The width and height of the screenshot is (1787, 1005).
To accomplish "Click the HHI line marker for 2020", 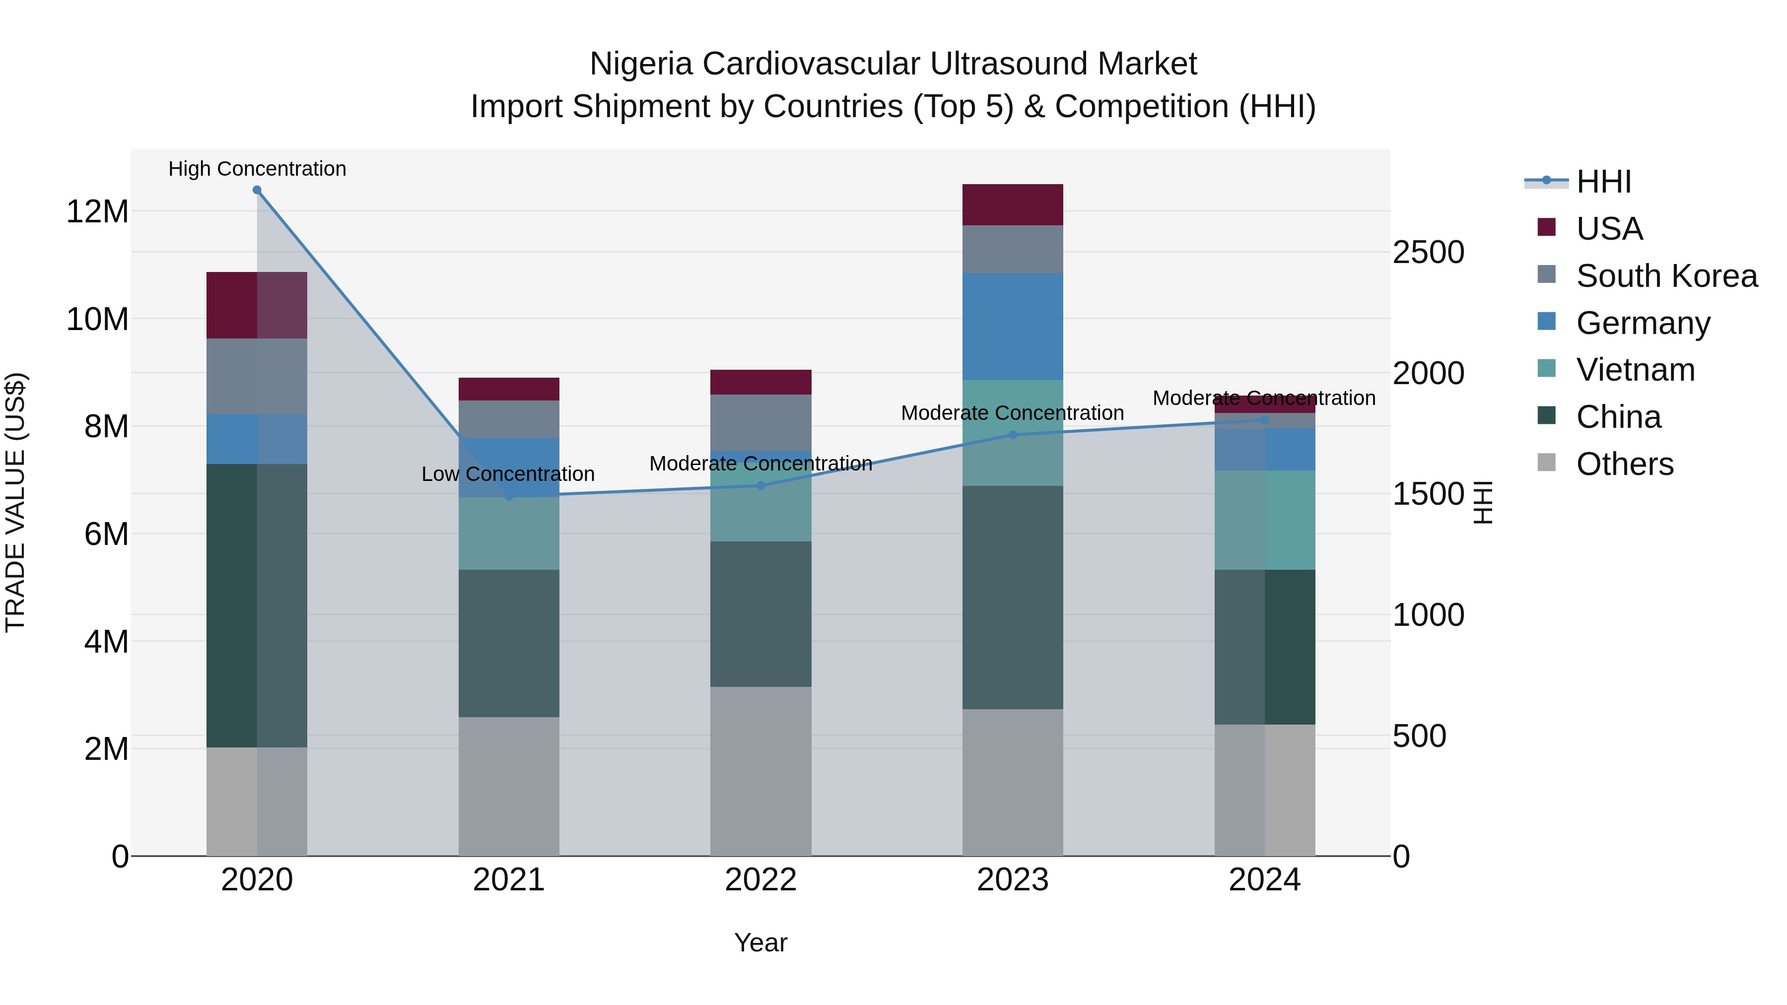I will [x=257, y=190].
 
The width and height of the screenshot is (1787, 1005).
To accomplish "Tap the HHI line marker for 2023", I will [x=1012, y=435].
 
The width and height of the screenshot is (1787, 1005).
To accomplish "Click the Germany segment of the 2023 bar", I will [x=1012, y=326].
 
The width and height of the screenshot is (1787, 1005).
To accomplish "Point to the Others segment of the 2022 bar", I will [x=760, y=771].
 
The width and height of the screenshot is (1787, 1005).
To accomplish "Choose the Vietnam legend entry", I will [x=1635, y=370].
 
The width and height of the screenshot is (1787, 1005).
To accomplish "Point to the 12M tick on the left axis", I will [x=97, y=211].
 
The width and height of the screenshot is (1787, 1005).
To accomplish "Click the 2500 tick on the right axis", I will [x=1428, y=253].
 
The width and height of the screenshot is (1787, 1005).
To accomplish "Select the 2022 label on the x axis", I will [x=760, y=880].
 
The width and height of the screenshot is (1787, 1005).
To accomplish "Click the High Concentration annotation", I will [x=257, y=169].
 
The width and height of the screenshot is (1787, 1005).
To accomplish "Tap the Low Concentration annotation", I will [x=508, y=474].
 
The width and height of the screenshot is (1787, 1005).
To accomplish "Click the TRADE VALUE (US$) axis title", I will [x=15, y=502].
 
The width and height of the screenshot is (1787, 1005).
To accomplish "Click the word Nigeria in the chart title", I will [x=640, y=64].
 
